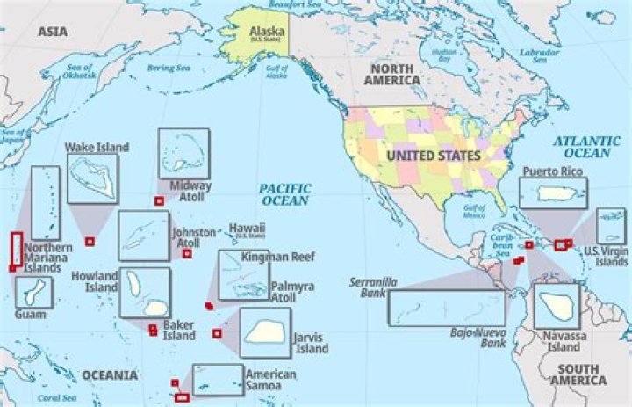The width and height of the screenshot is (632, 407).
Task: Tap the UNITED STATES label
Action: [435, 156]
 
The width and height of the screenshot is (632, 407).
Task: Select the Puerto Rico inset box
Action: [552, 193]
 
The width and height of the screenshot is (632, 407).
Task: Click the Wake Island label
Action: [97, 147]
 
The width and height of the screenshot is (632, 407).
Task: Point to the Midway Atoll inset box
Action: [183, 153]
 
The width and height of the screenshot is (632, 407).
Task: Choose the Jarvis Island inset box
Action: [264, 332]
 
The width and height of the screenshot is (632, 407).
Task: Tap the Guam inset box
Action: [33, 292]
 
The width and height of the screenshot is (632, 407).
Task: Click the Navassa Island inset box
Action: [557, 305]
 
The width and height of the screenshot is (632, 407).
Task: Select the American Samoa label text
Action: [270, 380]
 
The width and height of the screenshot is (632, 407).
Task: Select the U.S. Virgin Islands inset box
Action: [611, 226]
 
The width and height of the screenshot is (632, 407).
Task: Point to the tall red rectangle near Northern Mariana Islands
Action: [16, 248]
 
